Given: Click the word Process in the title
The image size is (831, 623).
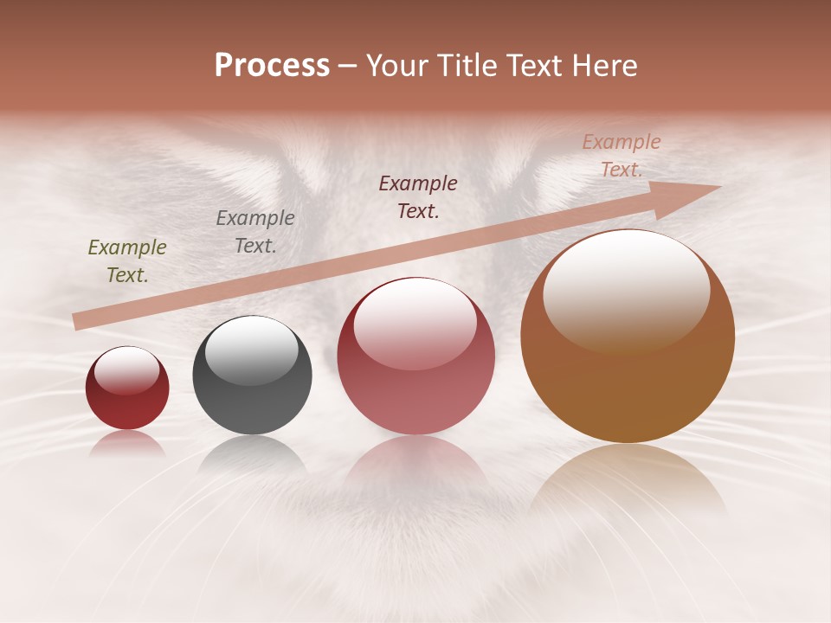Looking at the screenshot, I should (272, 66).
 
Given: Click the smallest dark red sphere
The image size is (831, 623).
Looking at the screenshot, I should (127, 389).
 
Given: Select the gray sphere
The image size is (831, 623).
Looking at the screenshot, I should (252, 376).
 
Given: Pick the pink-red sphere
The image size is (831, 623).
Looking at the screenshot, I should (415, 356).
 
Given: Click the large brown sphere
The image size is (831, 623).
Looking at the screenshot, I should (628, 337).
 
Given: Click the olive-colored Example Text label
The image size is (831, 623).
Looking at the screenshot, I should (127, 261).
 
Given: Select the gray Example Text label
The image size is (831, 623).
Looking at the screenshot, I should (255, 232).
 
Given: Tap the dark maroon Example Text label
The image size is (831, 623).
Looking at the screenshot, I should (418, 196).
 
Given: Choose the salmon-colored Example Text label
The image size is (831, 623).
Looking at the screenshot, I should (621, 156).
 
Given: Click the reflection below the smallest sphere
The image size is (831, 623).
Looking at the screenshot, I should (127, 443).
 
